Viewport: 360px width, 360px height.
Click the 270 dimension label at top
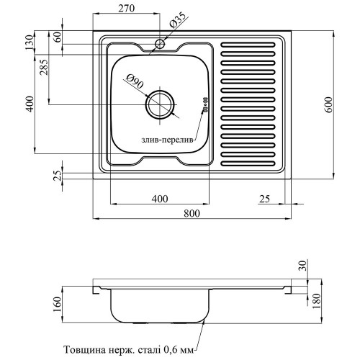[x=126, y=9]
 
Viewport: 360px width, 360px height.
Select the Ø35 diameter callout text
[x=178, y=20]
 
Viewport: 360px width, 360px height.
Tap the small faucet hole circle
[x=160, y=44]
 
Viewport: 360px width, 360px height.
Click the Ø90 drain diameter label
[x=135, y=81]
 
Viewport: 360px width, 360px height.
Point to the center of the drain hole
[x=161, y=104]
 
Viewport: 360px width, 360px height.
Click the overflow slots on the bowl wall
[x=205, y=104]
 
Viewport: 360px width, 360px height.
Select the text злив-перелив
[x=167, y=140]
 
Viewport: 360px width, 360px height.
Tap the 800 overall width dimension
[x=192, y=213]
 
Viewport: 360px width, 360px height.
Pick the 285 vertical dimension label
[x=44, y=67]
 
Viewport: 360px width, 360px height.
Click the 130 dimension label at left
[x=29, y=42]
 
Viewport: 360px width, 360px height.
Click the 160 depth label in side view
[x=58, y=305]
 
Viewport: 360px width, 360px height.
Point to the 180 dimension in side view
[x=317, y=301]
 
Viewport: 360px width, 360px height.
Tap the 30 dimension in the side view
[x=303, y=266]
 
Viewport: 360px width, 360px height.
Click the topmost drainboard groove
[x=248, y=45]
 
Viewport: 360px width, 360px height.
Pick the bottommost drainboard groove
[x=248, y=163]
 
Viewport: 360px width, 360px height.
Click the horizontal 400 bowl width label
[x=160, y=199]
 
